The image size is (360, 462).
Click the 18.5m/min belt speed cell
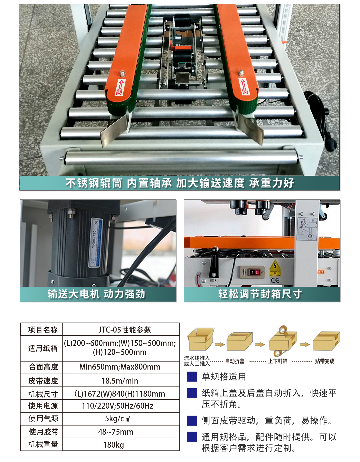click(x=120, y=381)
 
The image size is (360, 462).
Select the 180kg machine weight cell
click(x=113, y=445)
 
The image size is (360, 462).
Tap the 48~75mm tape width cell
click(x=116, y=432)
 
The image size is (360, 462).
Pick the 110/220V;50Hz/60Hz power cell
click(x=118, y=406)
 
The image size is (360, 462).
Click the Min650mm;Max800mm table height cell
click(x=120, y=367)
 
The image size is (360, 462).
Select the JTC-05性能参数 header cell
click(x=125, y=330)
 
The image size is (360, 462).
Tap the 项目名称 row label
click(x=43, y=330)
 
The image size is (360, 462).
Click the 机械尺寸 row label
click(x=43, y=394)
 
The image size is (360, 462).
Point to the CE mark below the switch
click(x=275, y=281)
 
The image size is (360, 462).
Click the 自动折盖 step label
click(x=235, y=361)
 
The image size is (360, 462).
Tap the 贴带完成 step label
click(x=324, y=361)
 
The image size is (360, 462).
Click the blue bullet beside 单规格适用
click(x=192, y=377)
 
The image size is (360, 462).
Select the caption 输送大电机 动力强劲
click(x=96, y=294)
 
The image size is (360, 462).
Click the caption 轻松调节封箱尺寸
click(x=260, y=294)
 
